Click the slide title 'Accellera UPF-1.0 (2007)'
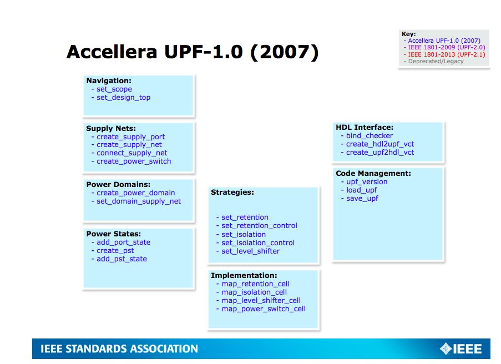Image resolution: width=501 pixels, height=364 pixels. coord(192,52)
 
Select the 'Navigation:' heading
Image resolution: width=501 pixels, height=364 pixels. coord(109,81)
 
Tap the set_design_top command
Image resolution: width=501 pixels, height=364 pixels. coord(123,98)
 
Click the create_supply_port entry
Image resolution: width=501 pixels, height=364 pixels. coord(130,137)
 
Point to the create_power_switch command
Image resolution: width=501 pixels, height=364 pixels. coord(134,161)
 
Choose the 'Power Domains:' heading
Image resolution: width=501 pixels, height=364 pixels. coord(118,185)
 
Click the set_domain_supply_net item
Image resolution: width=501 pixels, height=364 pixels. coord(139,201)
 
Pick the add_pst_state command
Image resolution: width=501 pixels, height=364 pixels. coord(122,259)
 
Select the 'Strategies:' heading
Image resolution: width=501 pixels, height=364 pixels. coord(232,193)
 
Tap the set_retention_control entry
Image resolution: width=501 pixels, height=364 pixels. coord(259,226)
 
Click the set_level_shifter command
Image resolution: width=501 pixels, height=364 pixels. coord(250,251)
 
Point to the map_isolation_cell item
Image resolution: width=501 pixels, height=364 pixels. coord(254,292)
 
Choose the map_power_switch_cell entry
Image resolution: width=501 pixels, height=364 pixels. coord(264,309)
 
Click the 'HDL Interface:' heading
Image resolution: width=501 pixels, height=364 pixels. coord(365,128)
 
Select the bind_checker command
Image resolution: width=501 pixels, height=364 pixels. coord(369,136)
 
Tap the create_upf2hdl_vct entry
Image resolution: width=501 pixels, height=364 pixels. coord(380,153)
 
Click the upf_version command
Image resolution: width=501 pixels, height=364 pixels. coord(367,182)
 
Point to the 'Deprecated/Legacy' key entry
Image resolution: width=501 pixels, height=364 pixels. coord(436,62)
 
